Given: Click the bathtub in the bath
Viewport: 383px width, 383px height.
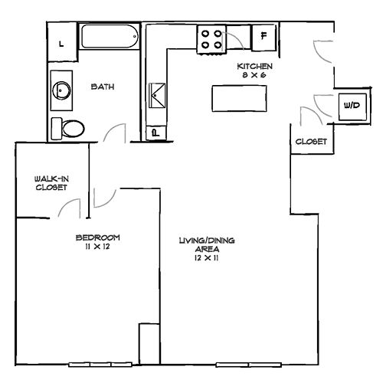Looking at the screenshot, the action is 110,36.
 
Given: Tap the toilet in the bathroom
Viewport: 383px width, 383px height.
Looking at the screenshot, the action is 68,129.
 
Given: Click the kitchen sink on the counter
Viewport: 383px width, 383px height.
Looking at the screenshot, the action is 157,95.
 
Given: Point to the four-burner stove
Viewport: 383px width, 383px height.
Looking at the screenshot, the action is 211,39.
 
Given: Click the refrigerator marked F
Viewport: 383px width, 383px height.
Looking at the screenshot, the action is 264,38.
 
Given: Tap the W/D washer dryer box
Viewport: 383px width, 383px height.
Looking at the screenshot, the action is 352,106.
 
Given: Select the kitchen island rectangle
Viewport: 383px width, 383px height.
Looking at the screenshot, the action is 239,98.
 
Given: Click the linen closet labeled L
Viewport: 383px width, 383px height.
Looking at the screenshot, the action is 62,42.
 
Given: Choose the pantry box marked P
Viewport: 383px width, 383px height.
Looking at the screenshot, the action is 155,133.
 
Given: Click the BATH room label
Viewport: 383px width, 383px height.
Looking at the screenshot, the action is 103,87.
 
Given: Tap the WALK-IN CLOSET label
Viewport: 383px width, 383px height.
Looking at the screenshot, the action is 51,183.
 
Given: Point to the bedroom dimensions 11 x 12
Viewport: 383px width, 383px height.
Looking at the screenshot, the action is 97,247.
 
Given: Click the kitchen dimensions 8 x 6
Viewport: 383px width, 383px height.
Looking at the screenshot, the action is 254,75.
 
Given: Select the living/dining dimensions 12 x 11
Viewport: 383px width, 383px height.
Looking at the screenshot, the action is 206,258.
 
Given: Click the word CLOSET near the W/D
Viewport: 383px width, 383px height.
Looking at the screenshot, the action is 311,142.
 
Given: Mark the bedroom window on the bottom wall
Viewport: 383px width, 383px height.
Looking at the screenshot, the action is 100,365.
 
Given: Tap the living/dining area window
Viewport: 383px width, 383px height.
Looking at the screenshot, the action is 249,365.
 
